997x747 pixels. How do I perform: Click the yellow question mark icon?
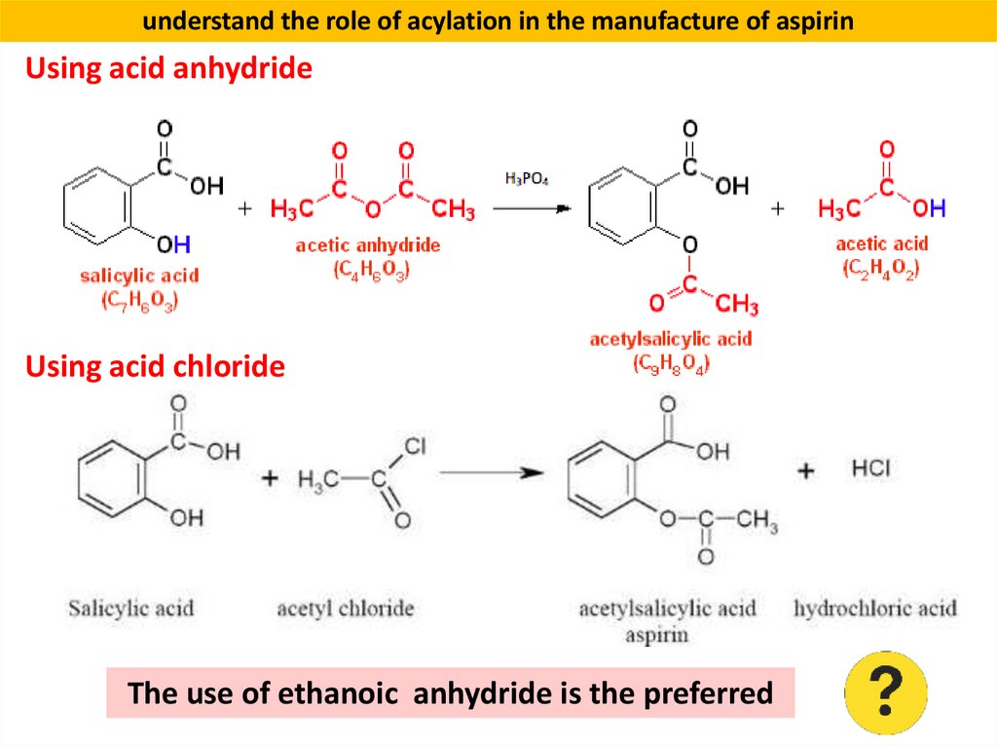(x=886, y=692)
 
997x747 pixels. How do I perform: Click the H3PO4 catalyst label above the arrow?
(x=527, y=179)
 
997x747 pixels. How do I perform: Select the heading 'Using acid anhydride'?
(x=168, y=69)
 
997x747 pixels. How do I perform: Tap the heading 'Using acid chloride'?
(x=155, y=367)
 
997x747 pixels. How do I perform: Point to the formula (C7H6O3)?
(x=140, y=302)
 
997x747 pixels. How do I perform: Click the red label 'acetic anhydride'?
(x=368, y=245)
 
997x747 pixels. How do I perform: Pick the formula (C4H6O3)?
(x=368, y=272)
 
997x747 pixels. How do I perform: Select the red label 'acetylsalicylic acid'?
(x=671, y=339)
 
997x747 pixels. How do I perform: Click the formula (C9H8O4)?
(x=671, y=364)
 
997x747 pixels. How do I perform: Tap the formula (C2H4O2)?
(x=881, y=269)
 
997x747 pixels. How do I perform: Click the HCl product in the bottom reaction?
(x=871, y=469)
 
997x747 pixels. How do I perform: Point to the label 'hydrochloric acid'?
(x=875, y=610)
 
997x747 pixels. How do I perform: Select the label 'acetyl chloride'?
(x=346, y=610)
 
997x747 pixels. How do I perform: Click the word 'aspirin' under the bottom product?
(x=657, y=634)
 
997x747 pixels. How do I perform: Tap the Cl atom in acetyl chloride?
(x=414, y=447)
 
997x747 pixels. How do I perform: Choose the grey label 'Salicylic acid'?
(x=130, y=610)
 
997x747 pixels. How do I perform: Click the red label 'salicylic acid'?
(x=140, y=276)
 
